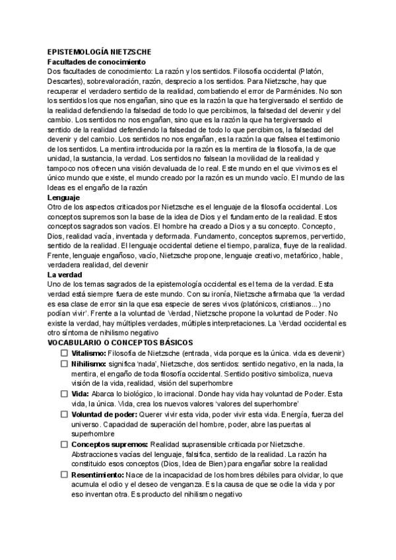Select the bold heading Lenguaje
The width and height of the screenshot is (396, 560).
[64, 197]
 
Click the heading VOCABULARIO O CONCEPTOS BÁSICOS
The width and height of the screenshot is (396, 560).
[120, 343]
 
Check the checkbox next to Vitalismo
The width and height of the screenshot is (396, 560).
[65, 354]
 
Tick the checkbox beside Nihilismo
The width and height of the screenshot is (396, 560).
[65, 364]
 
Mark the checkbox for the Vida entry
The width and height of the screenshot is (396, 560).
[65, 394]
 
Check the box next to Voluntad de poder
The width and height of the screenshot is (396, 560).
[65, 413]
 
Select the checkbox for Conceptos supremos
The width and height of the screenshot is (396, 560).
[65, 444]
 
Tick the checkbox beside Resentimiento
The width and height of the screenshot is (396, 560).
[65, 474]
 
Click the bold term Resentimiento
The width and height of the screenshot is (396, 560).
[99, 474]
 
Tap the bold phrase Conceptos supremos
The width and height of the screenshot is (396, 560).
[109, 444]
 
